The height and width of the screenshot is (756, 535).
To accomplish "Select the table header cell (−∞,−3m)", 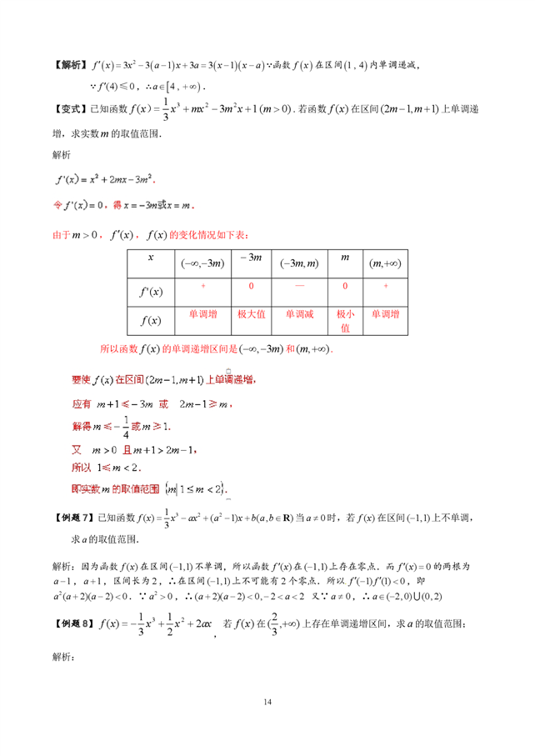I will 202,263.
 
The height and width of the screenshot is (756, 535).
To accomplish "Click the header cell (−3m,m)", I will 299,263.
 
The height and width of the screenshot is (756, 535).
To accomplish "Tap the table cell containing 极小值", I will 345,321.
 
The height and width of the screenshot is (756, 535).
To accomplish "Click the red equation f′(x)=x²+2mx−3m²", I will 105,180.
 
